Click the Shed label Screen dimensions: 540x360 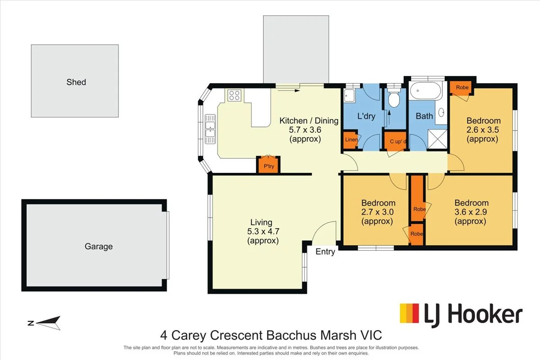(x=76, y=82)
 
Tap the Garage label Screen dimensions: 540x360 (x=99, y=247)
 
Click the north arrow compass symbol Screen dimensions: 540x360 (x=44, y=323)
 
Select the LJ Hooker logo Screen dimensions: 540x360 (x=461, y=315)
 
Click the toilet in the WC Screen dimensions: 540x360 (x=394, y=97)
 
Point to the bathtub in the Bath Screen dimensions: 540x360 (x=426, y=90)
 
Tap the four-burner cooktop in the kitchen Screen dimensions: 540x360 (x=234, y=95)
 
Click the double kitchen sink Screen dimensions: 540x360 (x=210, y=129)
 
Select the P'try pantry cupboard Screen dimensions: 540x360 (x=268, y=165)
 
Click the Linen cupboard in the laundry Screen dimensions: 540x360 (x=351, y=140)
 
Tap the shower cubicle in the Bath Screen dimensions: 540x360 (x=437, y=139)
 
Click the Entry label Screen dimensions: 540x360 (x=325, y=252)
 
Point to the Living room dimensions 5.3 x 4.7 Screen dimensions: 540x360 (x=263, y=231)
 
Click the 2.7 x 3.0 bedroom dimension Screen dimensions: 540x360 (x=377, y=212)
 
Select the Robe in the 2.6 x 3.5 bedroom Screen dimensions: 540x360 (x=462, y=88)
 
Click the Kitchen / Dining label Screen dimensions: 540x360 (x=309, y=121)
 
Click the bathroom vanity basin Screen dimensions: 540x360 (x=441, y=112)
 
